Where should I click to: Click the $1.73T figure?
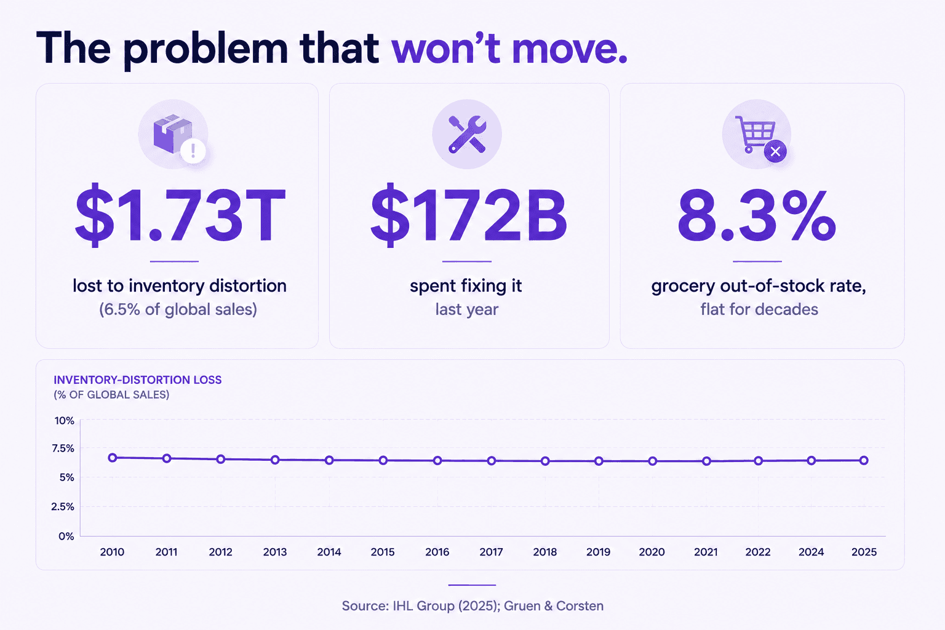point(180,215)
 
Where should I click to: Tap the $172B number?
point(468,215)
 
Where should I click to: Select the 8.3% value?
point(756,216)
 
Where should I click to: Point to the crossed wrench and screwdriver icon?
point(467,134)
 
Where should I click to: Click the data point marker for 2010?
point(112,458)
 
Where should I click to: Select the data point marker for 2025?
point(864,460)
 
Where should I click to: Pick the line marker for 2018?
point(545,461)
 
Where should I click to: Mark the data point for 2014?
point(329,460)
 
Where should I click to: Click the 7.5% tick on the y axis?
point(63,449)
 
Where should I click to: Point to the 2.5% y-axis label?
point(63,507)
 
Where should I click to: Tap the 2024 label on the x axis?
point(811,552)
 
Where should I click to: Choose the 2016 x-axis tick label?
point(437,552)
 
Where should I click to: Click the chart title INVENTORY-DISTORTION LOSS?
point(138,380)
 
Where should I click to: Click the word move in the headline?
point(570,49)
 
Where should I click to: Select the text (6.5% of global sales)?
point(178,309)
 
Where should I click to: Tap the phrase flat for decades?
point(759,309)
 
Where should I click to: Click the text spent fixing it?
point(466,287)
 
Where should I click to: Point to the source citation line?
point(472,606)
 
